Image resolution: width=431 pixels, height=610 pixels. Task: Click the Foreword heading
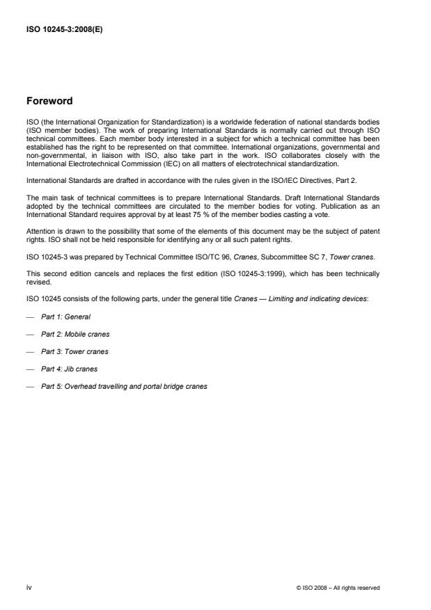(x=49, y=102)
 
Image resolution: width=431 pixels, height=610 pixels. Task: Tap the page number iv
(x=29, y=587)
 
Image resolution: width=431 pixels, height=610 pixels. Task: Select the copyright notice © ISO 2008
(x=337, y=588)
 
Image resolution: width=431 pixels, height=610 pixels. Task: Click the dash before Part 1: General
(x=29, y=316)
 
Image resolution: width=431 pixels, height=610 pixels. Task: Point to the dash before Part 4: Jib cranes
(x=29, y=369)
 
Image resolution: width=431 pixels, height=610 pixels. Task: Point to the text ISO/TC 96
(x=212, y=257)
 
